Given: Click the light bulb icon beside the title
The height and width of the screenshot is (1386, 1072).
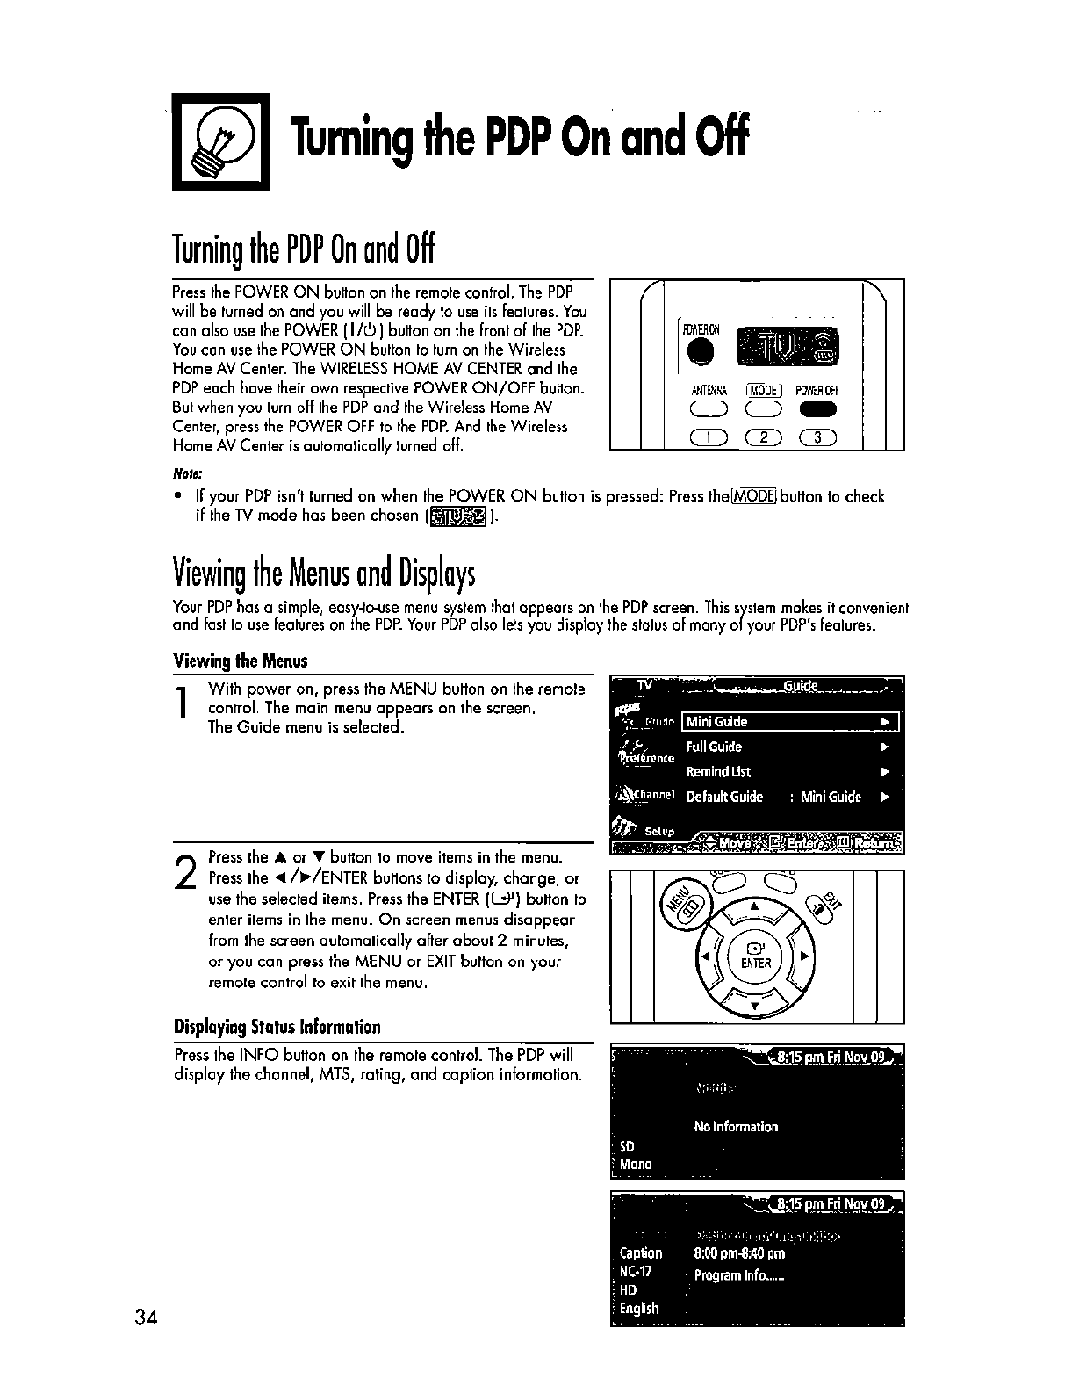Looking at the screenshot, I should (x=220, y=140).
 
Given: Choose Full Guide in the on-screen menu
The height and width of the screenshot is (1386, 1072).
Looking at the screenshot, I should (x=714, y=747).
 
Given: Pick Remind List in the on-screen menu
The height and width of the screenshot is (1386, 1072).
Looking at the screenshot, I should (x=718, y=772).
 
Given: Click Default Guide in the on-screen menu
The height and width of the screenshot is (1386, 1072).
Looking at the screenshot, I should (x=725, y=798).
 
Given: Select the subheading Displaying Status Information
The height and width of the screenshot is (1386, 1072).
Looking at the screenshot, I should (x=277, y=1027).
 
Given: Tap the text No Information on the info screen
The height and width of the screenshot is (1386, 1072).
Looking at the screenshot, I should (x=736, y=1127).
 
